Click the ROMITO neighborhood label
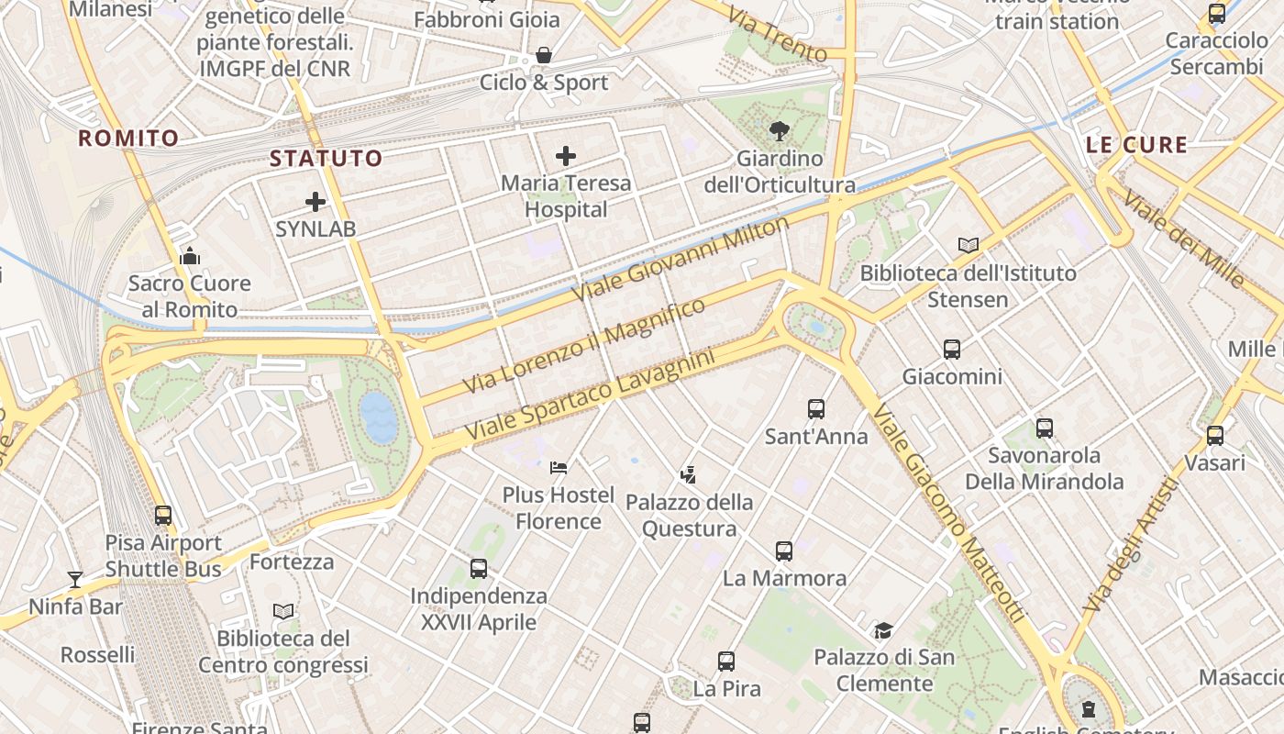coord(128,139)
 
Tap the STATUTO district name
coord(326,158)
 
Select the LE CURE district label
coord(1136,145)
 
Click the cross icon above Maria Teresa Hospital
coord(566,156)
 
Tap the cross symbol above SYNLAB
coord(315,202)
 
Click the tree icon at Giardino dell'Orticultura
coord(780,131)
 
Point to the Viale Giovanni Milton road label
coord(680,260)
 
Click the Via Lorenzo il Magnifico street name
coord(584,346)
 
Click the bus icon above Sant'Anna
coord(816,409)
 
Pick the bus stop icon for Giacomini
coord(952,350)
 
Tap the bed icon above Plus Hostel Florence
coord(558,468)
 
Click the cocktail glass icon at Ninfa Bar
coord(75,580)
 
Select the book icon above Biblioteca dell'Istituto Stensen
coord(968,245)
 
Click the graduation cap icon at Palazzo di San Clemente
coord(883,630)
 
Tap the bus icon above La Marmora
coord(783,551)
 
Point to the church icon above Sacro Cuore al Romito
coord(190,256)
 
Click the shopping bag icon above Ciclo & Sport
coord(544,56)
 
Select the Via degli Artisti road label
coord(1129,545)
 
